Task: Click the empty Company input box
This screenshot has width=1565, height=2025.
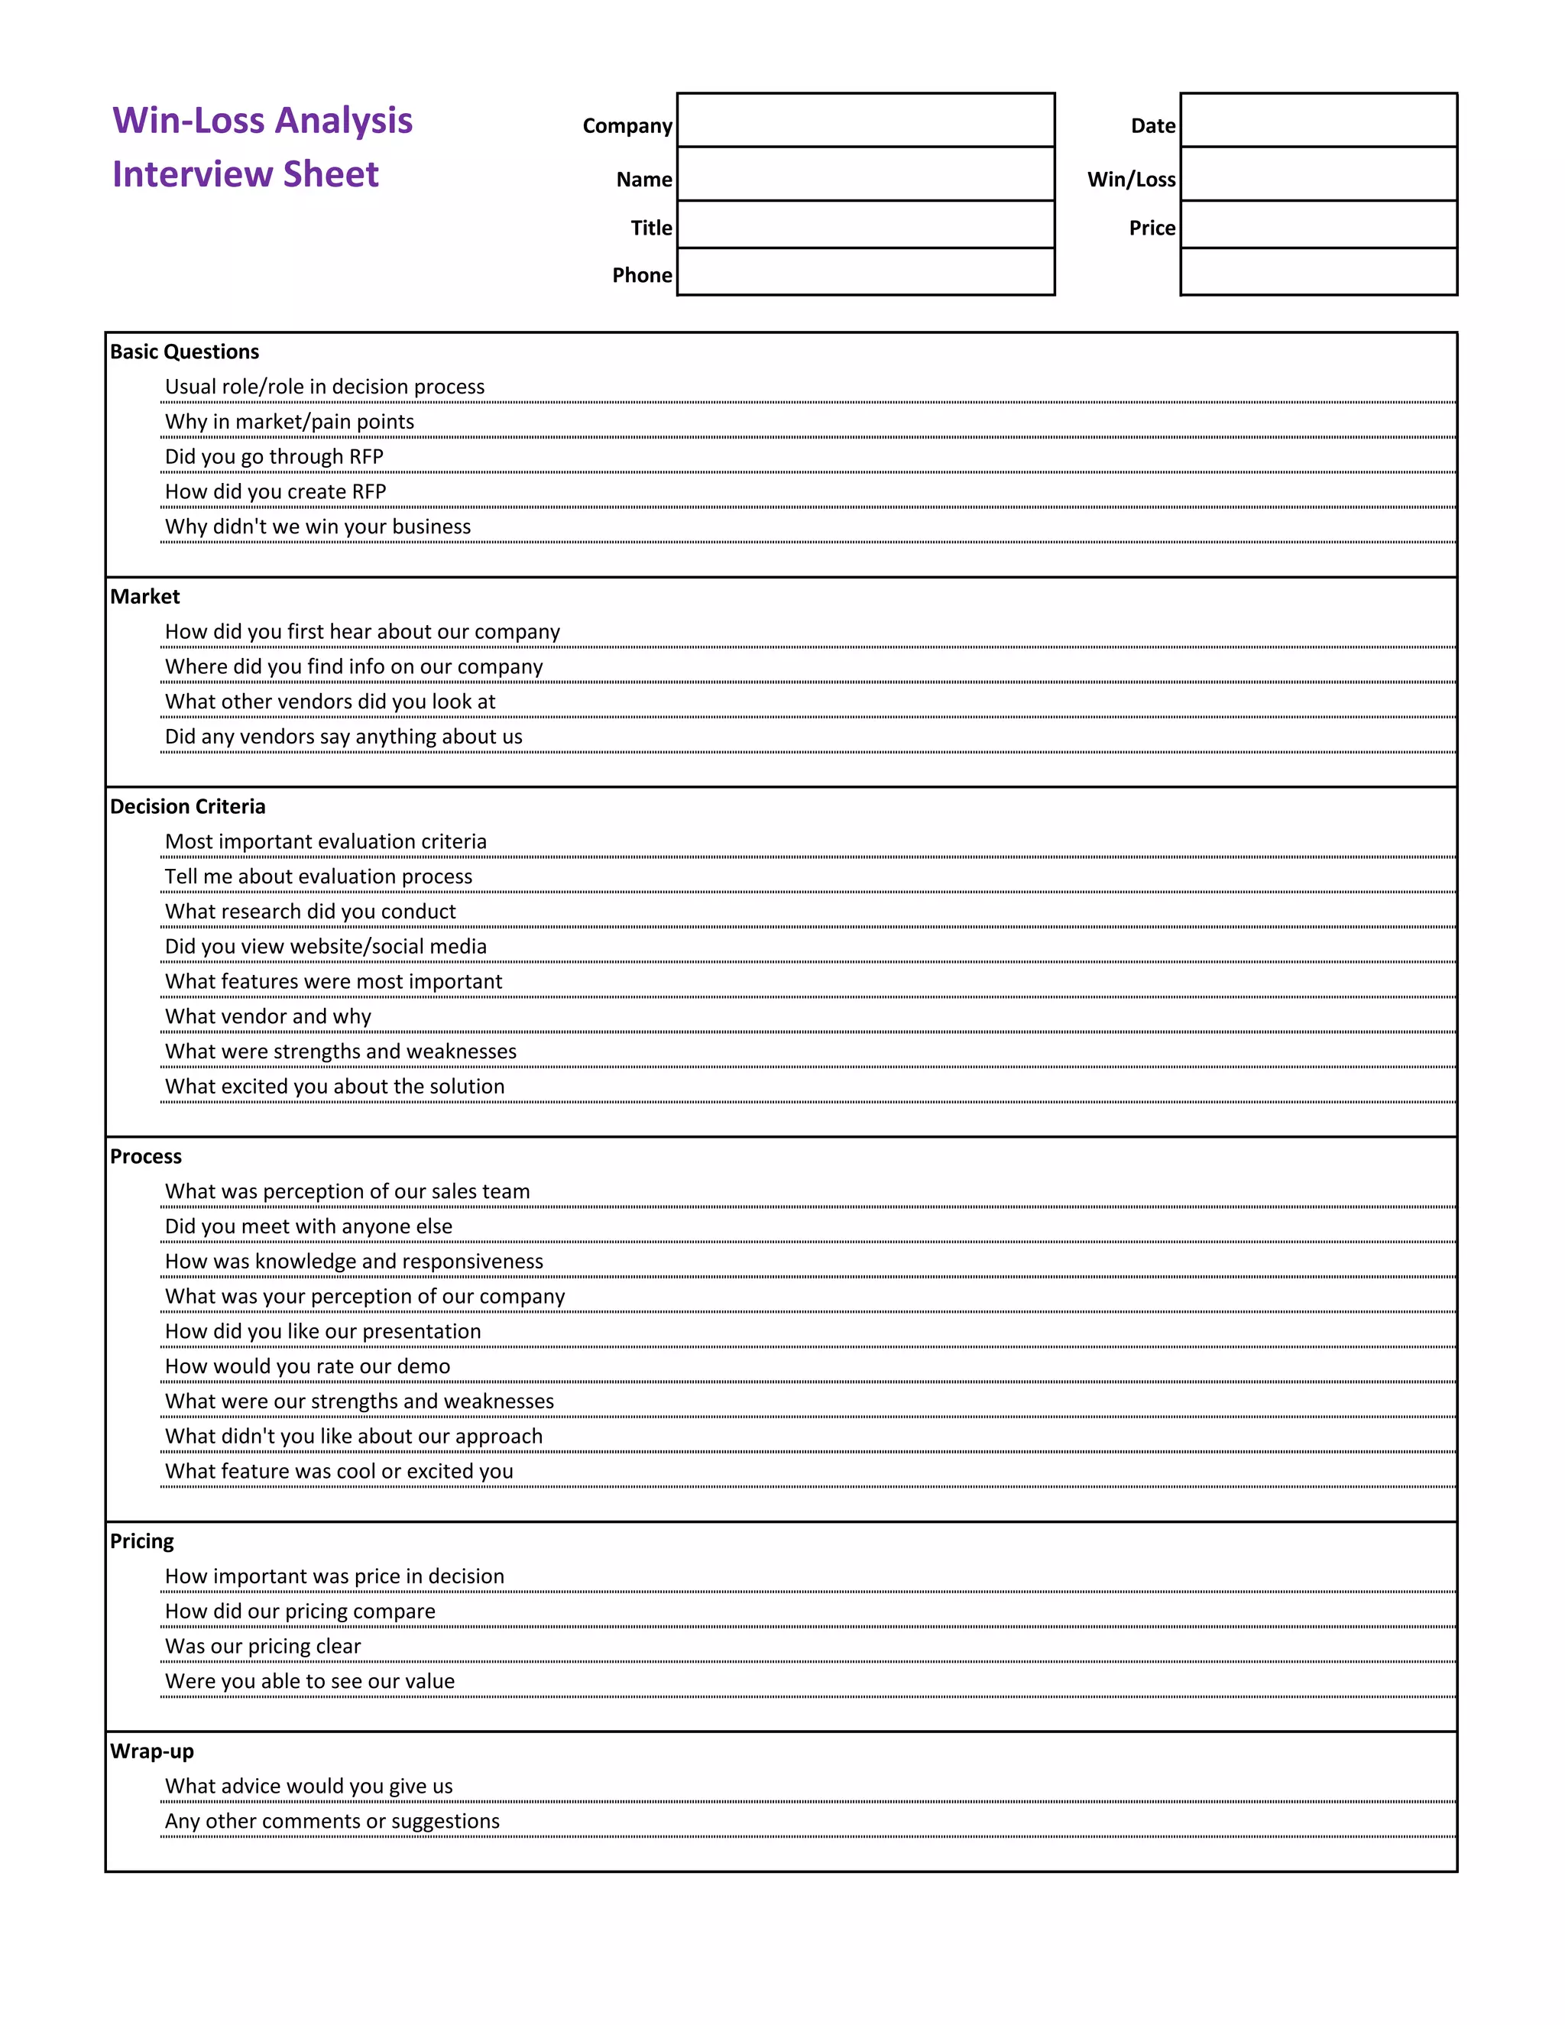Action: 865,120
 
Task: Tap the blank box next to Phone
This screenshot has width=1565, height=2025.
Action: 865,272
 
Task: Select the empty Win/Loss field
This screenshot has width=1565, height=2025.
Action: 1317,173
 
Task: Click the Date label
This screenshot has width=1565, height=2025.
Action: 1152,126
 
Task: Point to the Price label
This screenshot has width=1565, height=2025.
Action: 1152,228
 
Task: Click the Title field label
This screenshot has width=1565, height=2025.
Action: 651,228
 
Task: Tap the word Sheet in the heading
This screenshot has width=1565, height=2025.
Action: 330,174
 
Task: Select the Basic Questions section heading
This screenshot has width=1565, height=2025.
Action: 184,352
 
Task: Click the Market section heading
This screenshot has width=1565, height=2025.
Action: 144,596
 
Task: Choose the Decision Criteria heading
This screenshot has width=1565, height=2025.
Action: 187,807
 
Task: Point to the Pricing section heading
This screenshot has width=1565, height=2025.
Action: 142,1541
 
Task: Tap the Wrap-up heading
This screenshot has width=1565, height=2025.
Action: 152,1751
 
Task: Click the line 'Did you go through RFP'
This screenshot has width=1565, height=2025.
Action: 274,456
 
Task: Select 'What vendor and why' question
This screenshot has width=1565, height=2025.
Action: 268,1016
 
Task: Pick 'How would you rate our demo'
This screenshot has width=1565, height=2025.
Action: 307,1366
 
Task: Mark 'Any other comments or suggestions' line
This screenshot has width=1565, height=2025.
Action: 332,1821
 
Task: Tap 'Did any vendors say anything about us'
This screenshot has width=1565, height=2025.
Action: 343,736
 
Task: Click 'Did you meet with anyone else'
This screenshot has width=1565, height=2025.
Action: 308,1226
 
